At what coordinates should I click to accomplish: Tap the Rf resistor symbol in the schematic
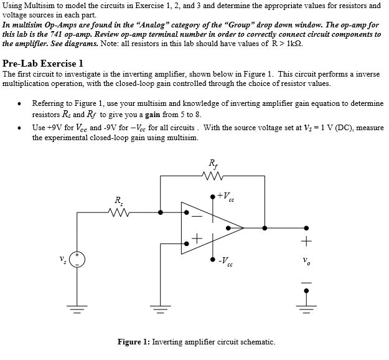213,176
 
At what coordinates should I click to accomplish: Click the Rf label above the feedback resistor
213,164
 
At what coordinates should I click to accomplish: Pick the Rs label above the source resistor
118,201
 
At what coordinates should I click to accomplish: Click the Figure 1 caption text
195,341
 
